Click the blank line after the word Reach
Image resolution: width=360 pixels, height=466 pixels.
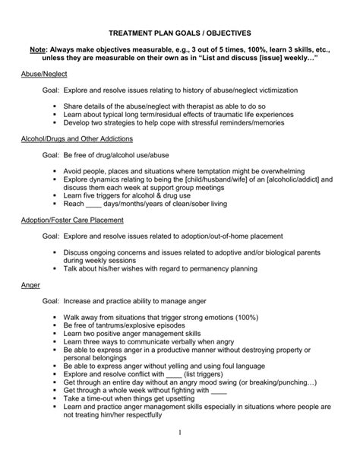coord(93,204)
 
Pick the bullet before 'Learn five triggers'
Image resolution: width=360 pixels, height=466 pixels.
coord(57,195)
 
